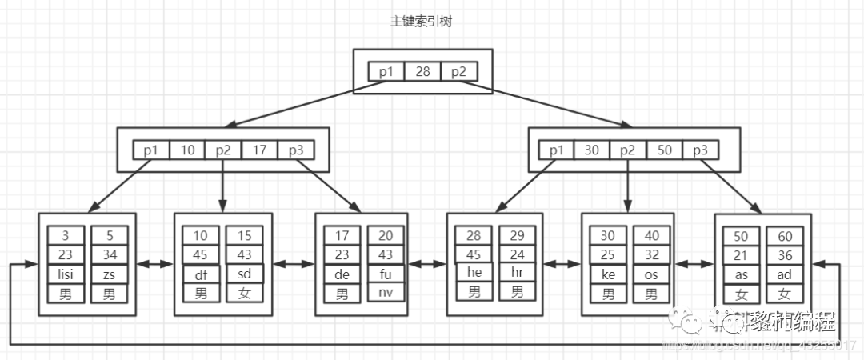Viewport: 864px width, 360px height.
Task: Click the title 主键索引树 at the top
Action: (x=422, y=21)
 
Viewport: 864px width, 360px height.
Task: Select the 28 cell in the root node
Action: (x=422, y=72)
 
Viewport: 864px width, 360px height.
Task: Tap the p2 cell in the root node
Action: (x=458, y=72)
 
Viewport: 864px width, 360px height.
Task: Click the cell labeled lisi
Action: (x=66, y=274)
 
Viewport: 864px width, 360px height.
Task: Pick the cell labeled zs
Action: (x=110, y=274)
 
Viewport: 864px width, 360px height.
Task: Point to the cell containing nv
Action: (x=386, y=292)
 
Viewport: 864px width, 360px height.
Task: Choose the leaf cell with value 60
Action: (x=785, y=237)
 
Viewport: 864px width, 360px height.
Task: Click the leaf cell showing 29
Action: (x=518, y=237)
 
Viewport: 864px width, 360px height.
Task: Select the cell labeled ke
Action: (x=608, y=274)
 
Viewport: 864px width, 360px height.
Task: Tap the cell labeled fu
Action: (x=386, y=274)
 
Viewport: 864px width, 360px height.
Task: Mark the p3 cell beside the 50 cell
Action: (x=701, y=150)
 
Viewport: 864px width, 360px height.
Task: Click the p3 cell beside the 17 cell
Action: (x=296, y=150)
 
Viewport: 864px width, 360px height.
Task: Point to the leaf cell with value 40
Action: (x=652, y=237)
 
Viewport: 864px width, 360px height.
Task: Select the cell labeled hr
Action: (x=518, y=274)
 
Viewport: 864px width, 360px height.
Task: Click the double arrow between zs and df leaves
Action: (x=155, y=262)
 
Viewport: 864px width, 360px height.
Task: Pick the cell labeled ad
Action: (x=785, y=274)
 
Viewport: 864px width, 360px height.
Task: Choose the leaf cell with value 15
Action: (x=245, y=237)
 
